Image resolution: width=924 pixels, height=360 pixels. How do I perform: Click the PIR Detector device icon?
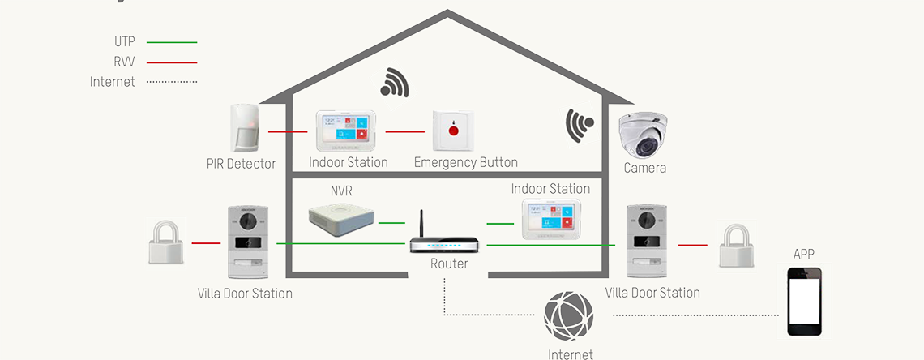click(x=245, y=128)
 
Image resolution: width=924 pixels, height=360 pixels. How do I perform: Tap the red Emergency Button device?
click(x=453, y=130)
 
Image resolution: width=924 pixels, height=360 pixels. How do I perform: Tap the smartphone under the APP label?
click(x=804, y=302)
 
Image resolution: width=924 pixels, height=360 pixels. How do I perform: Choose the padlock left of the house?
click(x=165, y=242)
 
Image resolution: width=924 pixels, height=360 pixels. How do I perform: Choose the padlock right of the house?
click(x=736, y=245)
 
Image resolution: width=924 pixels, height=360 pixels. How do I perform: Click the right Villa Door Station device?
click(x=646, y=241)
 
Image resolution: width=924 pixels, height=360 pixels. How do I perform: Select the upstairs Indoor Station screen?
click(x=347, y=130)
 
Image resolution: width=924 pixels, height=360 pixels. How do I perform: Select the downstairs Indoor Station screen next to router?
click(x=551, y=219)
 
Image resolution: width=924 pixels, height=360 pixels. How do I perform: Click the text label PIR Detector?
click(x=241, y=164)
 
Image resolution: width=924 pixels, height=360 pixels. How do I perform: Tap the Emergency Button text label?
click(x=466, y=162)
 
